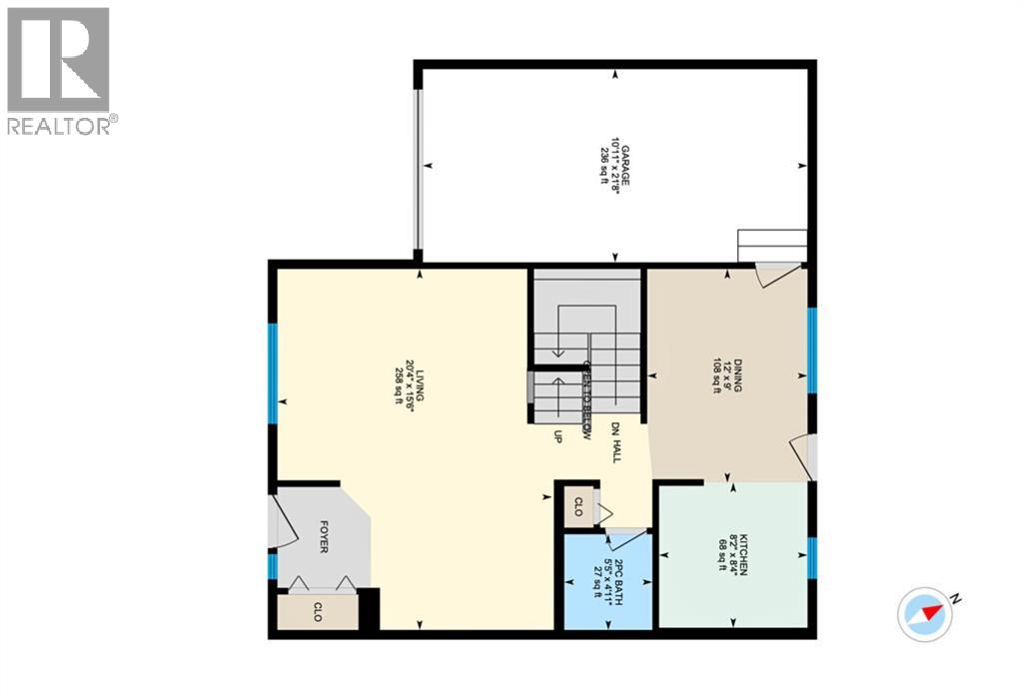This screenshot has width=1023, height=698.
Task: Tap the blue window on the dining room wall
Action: tap(812, 349)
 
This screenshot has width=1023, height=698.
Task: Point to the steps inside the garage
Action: tap(771, 245)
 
